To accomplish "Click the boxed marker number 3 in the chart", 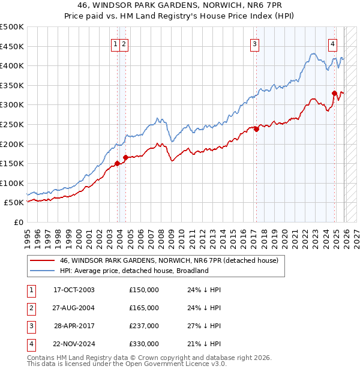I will [255, 43].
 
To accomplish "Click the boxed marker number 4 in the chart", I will [332, 43].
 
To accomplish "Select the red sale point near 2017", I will [256, 128].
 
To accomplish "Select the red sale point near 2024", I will [334, 92].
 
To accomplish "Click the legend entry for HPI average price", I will [133, 271].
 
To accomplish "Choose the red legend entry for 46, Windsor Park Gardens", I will [169, 260].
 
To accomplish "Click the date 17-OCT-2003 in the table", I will [74, 289].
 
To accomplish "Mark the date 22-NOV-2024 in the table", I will [74, 344].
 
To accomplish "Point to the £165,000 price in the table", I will [143, 308].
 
